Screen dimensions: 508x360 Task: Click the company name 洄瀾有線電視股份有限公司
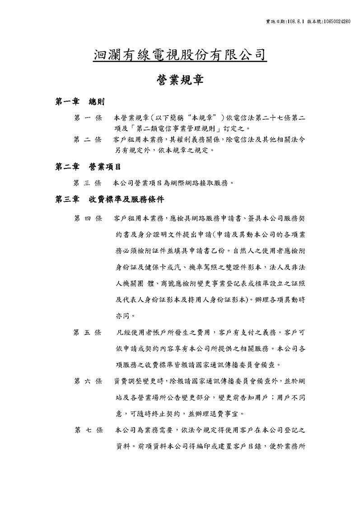[x=180, y=55]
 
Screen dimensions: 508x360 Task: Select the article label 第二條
[x=88, y=140]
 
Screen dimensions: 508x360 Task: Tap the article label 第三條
[x=88, y=183]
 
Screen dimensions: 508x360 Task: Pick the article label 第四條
[x=88, y=219]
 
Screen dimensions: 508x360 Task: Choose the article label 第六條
[x=88, y=381]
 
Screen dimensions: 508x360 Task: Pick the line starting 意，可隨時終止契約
[x=181, y=413]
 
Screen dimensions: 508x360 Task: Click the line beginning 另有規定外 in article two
[x=164, y=150]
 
